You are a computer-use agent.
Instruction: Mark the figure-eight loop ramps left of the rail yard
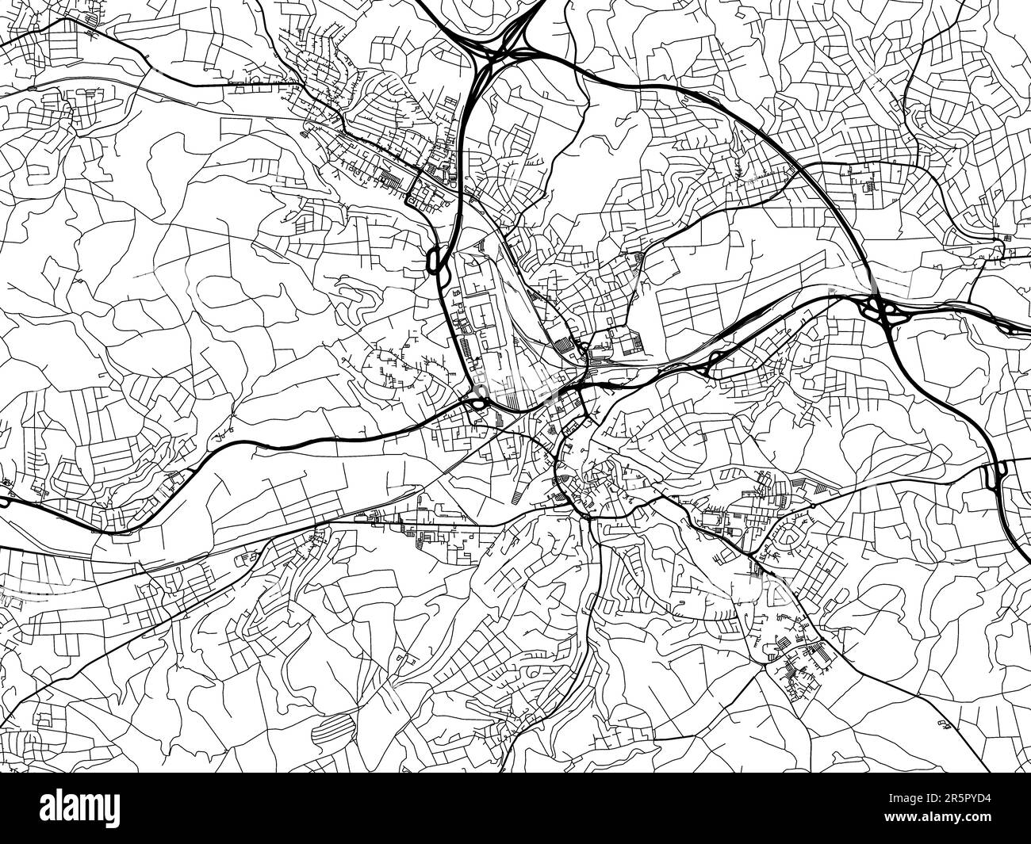(435, 259)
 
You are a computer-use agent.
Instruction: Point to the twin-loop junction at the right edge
(995, 475)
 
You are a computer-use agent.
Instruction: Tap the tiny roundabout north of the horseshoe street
(814, 504)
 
